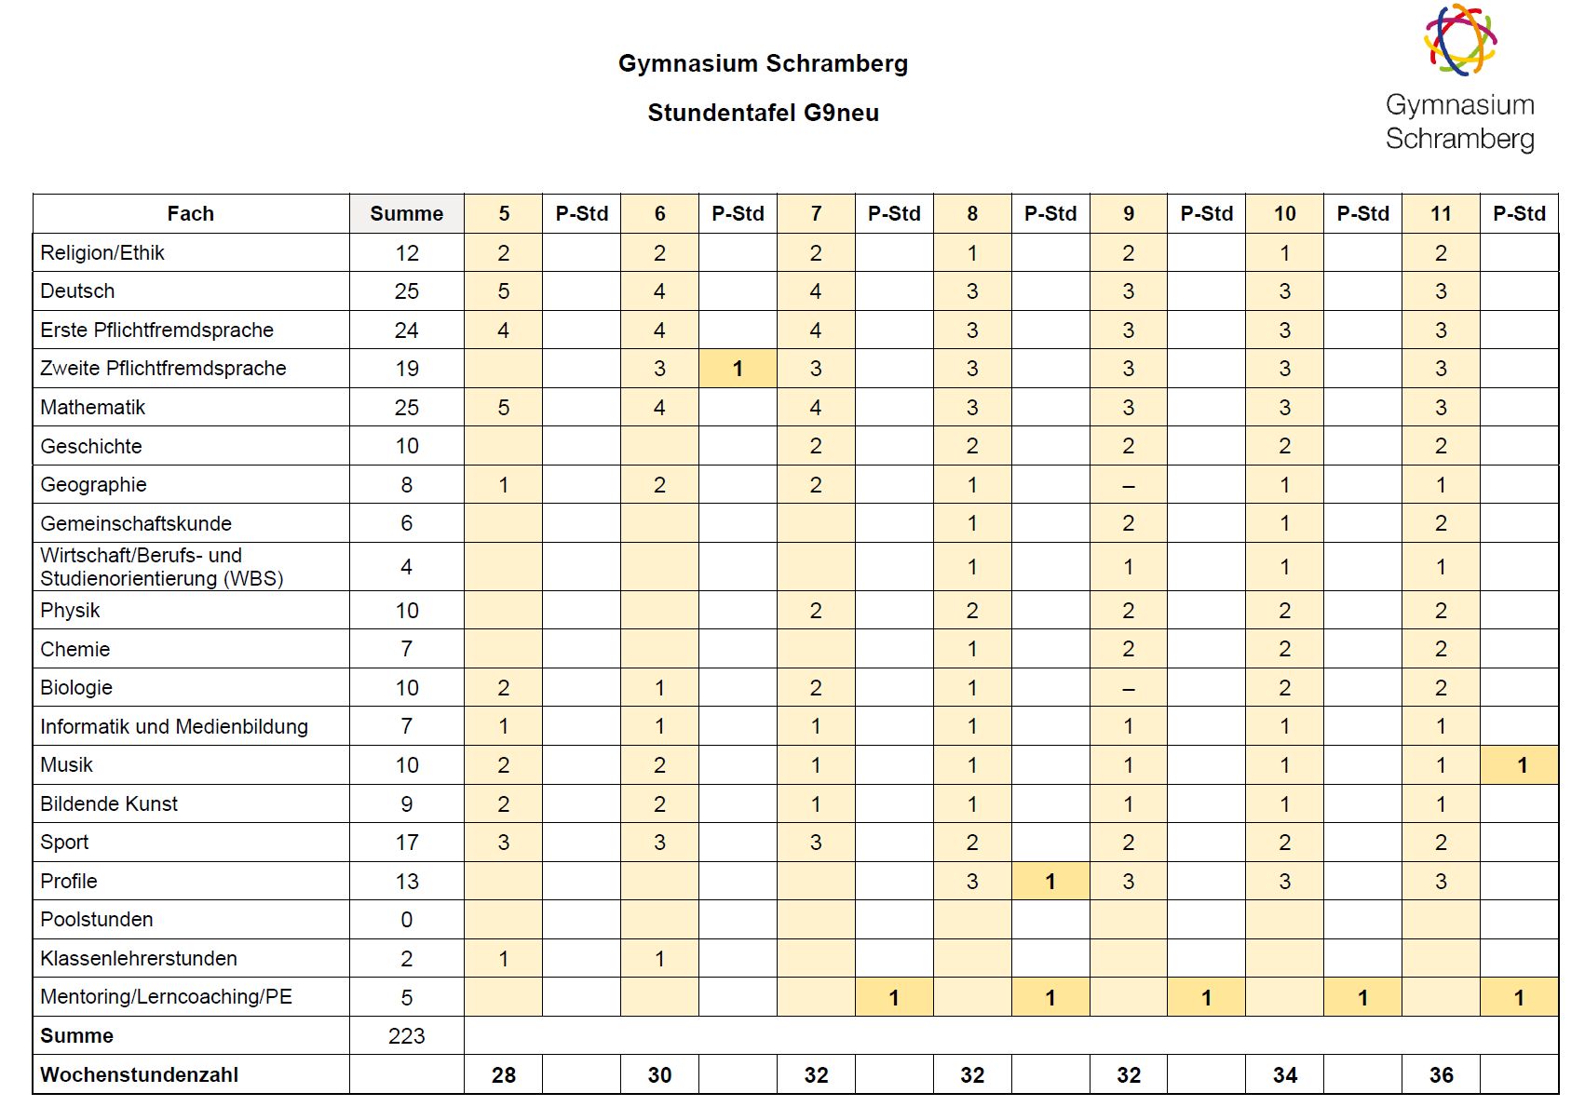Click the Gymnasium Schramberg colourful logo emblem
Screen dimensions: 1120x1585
tap(1459, 40)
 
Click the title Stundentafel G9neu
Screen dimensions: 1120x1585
tap(763, 113)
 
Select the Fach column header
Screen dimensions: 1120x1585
tap(190, 213)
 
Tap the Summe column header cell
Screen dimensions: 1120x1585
tap(406, 213)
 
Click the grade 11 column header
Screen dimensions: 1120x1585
tap(1441, 213)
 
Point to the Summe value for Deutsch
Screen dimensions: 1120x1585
tap(406, 291)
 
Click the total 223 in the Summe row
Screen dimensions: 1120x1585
tap(406, 1035)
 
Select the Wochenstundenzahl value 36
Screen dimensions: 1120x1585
tap(1441, 1075)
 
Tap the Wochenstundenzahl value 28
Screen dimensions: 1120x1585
tap(503, 1075)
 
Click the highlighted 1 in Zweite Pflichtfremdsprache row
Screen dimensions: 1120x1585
tap(738, 369)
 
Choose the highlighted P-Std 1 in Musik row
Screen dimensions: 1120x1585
tap(1522, 765)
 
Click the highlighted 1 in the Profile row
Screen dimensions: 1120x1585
tap(1050, 881)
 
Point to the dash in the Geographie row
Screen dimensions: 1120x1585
tap(1129, 485)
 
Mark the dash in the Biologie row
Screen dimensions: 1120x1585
tap(1129, 688)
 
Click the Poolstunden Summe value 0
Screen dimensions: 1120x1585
tap(406, 920)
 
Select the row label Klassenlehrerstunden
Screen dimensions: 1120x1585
tap(139, 958)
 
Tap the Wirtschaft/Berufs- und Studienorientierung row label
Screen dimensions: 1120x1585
tap(161, 567)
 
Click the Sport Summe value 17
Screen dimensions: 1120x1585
tap(406, 843)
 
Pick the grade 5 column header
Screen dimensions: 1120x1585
tap(503, 213)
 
